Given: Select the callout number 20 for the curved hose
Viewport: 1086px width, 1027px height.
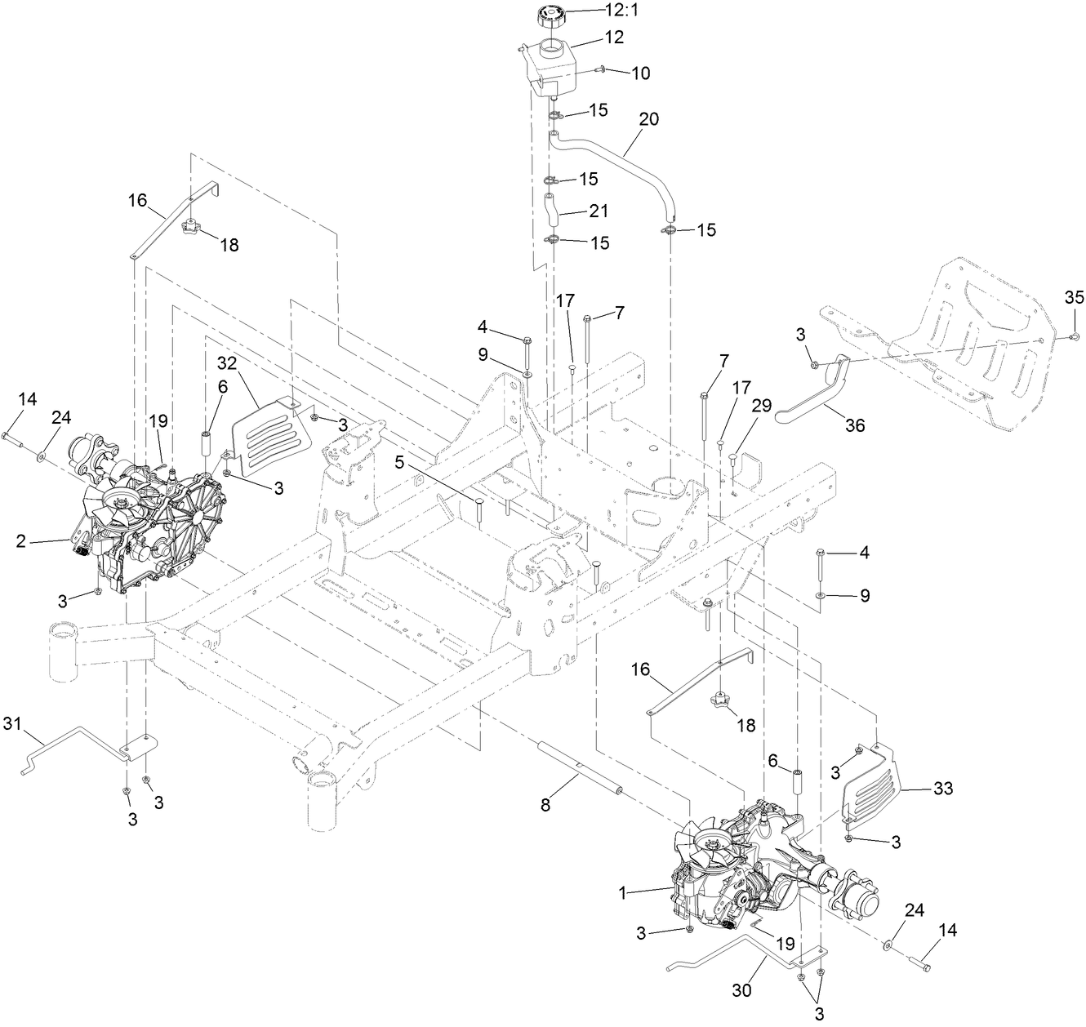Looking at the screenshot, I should point(648,119).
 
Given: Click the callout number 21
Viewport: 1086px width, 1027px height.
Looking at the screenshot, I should point(599,211).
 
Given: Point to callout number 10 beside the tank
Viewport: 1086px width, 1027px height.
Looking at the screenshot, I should point(640,73).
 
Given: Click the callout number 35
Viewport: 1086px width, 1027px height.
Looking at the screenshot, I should point(1074,296).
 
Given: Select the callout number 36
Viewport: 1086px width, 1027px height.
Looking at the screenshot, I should point(854,425).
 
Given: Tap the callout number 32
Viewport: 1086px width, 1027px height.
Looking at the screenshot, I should point(227,362).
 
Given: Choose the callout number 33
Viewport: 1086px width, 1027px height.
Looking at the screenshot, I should point(942,789).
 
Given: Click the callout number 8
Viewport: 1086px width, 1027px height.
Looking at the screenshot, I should point(546,805).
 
